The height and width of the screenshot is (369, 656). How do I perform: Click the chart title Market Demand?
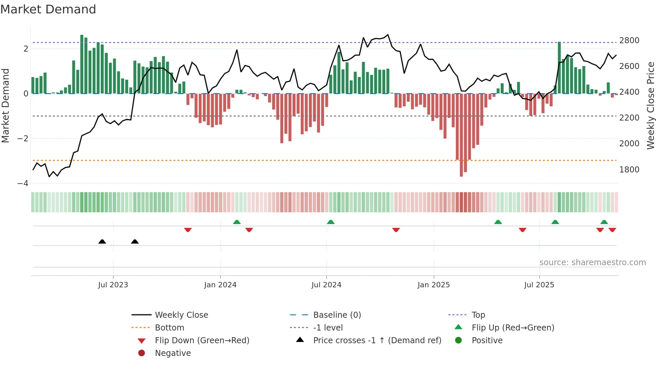click(48, 9)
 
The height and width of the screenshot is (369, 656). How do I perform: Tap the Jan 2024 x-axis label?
click(220, 285)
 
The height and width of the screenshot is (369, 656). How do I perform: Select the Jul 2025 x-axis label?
click(539, 285)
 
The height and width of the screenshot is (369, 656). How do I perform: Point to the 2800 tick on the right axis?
click(629, 41)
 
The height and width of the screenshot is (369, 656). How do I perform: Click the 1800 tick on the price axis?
click(629, 170)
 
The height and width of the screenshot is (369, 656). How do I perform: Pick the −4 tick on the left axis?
click(23, 183)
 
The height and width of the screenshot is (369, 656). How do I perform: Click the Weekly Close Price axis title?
click(650, 105)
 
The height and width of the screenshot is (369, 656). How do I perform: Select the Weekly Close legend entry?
click(181, 315)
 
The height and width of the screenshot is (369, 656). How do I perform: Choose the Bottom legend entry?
click(169, 328)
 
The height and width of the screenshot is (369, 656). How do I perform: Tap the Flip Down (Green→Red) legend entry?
click(202, 341)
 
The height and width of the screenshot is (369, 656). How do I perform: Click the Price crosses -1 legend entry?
click(377, 341)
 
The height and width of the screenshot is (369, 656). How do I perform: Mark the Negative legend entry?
click(173, 353)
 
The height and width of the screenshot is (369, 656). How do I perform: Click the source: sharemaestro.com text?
click(592, 263)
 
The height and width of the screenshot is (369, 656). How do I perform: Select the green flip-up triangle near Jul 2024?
click(331, 222)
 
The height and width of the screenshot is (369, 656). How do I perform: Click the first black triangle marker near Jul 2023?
click(102, 241)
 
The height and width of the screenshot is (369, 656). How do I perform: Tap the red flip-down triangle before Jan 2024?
click(188, 230)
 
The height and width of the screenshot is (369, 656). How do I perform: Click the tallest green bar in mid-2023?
click(82, 64)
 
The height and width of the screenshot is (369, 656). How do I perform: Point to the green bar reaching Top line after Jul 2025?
click(559, 67)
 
